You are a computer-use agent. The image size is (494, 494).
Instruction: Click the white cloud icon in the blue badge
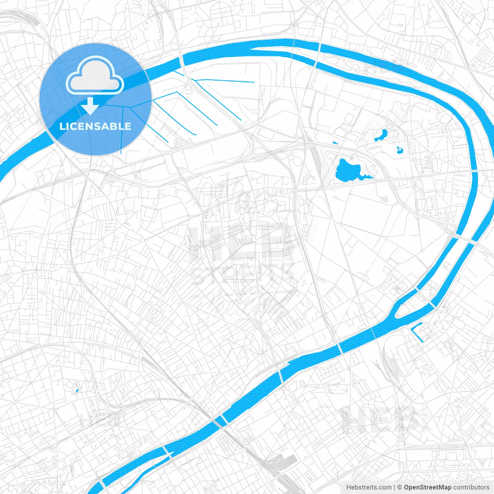(95, 76)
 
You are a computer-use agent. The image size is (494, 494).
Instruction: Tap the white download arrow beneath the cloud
(90, 106)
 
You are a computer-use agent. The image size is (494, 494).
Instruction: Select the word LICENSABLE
(95, 126)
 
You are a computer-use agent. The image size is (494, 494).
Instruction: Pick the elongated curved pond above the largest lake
(381, 135)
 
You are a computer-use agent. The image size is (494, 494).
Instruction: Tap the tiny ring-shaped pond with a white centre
(400, 150)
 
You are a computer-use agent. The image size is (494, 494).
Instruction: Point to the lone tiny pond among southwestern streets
(77, 391)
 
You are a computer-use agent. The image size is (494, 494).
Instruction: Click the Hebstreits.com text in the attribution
(369, 487)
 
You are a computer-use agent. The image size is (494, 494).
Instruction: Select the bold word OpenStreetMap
(428, 487)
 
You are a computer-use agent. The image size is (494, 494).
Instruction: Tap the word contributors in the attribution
(471, 487)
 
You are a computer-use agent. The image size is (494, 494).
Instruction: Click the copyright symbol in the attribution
(400, 487)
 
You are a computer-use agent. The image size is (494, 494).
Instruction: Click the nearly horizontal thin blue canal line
(224, 81)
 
